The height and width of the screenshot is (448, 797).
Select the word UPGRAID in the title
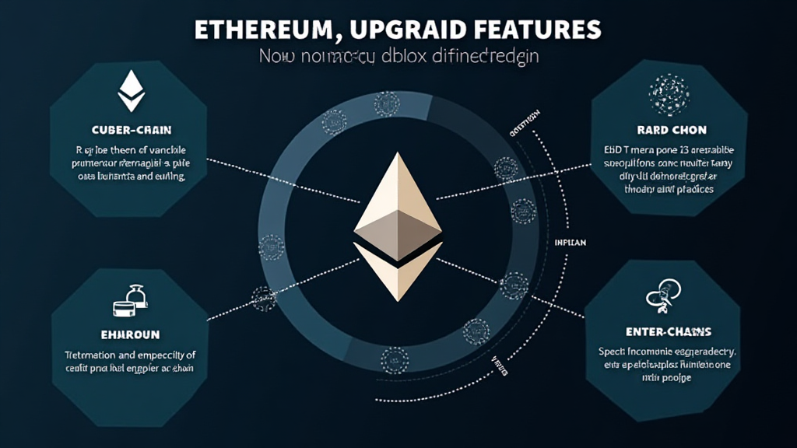click(403, 30)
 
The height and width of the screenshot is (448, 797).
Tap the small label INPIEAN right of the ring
click(571, 243)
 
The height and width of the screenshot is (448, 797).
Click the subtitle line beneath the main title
click(398, 57)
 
